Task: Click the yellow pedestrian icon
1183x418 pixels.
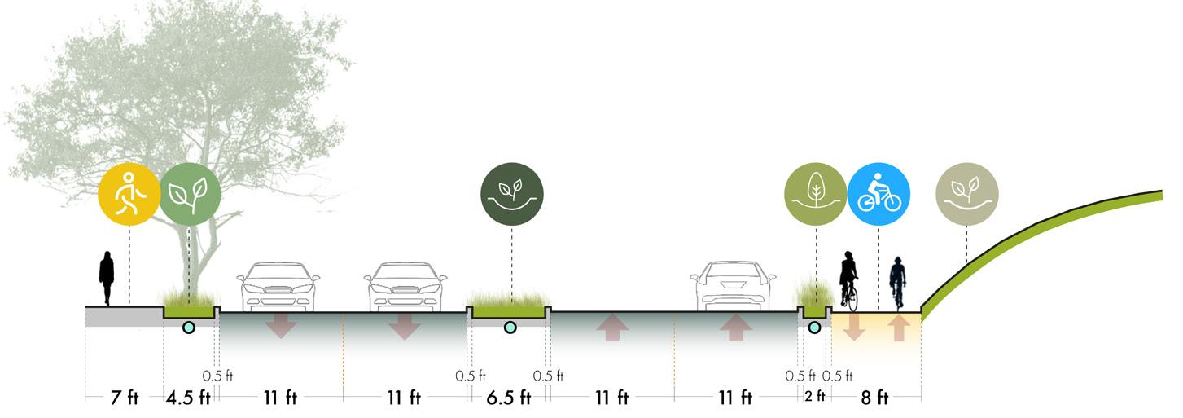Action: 129,194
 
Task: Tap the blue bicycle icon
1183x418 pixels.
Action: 878,194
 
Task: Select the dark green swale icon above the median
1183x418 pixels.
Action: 511,194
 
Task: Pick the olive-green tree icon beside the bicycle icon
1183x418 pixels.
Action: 815,194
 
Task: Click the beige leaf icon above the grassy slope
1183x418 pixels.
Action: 966,194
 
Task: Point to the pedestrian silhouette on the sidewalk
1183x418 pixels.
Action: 107,278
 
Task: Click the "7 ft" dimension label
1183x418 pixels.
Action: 124,398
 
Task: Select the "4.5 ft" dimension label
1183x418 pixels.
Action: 189,398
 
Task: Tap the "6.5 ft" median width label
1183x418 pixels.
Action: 509,398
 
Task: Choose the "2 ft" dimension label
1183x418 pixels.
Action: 815,398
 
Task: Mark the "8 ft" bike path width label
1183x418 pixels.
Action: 875,398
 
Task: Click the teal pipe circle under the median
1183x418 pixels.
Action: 510,328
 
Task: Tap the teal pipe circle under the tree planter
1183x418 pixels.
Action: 189,328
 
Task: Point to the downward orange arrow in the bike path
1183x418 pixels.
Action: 854,328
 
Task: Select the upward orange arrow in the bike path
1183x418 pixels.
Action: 899,328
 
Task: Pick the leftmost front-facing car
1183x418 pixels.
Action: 277,286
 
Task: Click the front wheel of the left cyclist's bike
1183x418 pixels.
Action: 852,298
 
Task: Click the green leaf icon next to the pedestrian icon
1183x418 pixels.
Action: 190,194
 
